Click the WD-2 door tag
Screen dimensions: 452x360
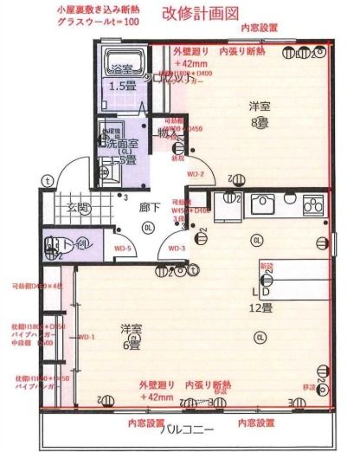coord(196,173)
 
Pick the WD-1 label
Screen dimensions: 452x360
coord(87,336)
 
